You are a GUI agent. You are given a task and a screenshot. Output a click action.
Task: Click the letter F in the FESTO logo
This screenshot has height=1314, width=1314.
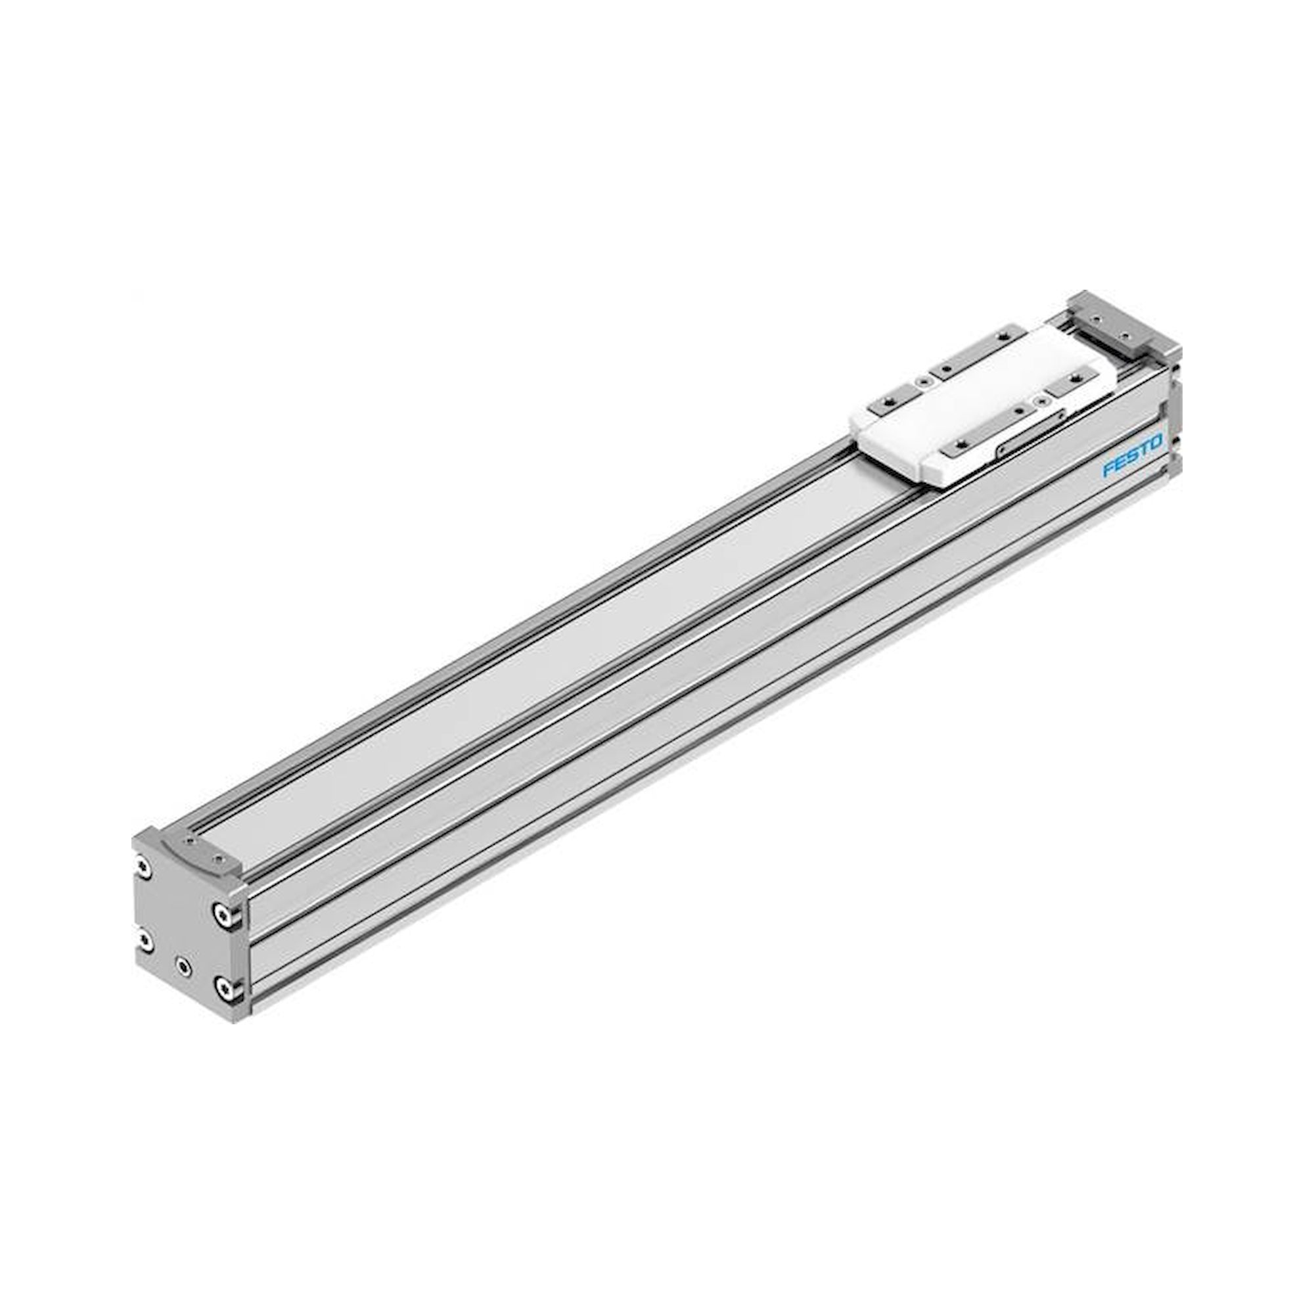coord(1107,470)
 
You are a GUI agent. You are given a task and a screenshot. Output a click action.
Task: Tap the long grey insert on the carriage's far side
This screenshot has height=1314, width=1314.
coord(980,351)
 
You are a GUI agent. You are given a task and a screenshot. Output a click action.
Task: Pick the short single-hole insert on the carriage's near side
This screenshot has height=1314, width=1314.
coord(1073,382)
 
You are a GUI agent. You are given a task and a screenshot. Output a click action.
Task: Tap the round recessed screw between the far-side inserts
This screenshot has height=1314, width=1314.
coord(924,382)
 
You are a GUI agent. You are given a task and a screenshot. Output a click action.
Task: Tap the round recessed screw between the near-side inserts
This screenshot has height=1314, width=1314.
coord(1043,401)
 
